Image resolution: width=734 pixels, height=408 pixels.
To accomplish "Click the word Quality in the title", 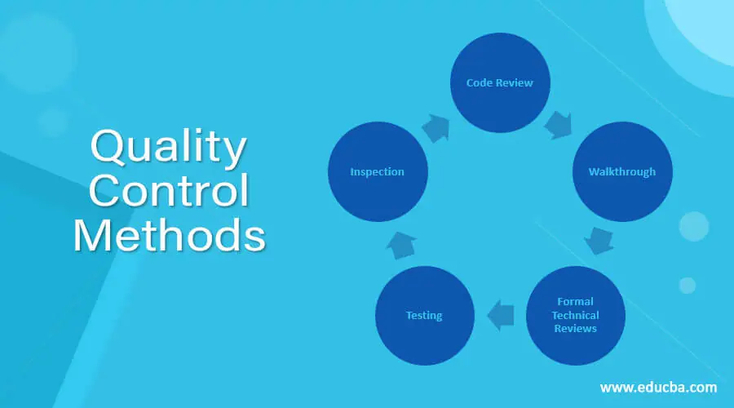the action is coord(168,148).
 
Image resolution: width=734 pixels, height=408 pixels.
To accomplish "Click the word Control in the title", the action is coord(169,190).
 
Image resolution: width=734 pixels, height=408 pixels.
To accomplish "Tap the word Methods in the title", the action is coord(169,235).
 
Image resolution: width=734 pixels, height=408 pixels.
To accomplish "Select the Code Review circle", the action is coord(500,82).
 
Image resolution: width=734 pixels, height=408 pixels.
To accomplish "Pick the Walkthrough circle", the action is coord(622,171).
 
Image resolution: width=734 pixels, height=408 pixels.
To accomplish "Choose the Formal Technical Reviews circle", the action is coord(575,315).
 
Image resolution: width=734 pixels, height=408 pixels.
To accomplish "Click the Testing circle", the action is coord(425,315).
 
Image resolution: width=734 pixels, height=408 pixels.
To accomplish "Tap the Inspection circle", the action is coord(378,171).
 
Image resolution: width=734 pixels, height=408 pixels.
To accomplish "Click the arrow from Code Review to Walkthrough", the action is coord(559,125).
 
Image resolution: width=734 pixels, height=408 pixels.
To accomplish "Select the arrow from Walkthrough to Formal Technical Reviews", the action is coord(599,241).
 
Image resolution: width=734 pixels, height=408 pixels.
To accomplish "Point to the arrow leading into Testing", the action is coord(501,315).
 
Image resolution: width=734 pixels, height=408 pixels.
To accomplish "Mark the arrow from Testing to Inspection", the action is coord(401,245).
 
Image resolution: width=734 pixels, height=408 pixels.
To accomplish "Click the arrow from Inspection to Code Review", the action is coord(436,128).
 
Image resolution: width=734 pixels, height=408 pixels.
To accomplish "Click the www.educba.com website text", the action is coord(658,388).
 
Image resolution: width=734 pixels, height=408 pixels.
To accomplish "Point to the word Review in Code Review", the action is coord(515,83).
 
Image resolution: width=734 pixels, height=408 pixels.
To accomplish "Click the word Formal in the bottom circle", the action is coord(575,301).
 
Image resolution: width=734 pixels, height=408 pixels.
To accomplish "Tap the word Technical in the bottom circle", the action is coord(575,315).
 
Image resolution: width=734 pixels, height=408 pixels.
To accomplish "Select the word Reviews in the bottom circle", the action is coord(575,328).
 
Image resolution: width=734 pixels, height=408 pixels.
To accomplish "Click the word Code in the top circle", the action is coord(480,83).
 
